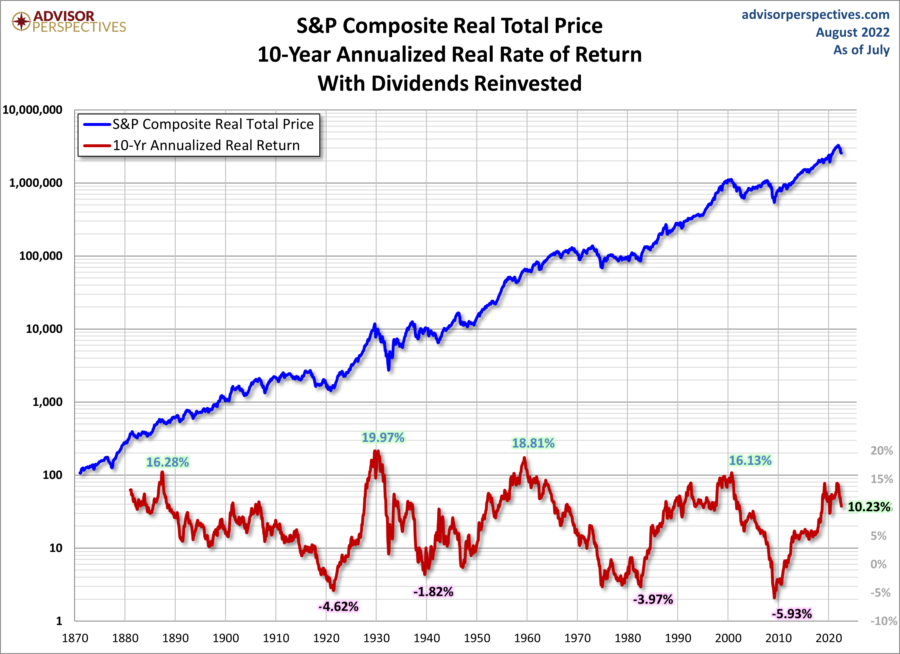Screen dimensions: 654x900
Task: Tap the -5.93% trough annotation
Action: [792, 614]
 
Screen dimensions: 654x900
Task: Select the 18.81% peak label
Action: [533, 443]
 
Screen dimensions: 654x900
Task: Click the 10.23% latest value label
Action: [869, 507]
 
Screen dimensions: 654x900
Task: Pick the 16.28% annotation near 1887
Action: [168, 462]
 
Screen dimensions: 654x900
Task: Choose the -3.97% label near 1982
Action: [653, 599]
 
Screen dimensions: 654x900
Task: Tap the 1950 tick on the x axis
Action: [477, 638]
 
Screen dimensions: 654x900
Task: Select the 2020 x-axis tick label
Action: [829, 638]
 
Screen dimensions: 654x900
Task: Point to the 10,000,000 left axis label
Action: [32, 110]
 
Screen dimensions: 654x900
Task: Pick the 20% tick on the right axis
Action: [881, 450]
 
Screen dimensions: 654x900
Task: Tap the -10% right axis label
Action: [883, 621]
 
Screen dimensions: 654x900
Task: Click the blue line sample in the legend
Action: [96, 124]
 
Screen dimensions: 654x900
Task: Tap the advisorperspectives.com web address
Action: [815, 15]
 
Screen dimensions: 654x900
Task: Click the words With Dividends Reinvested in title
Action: [450, 83]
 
